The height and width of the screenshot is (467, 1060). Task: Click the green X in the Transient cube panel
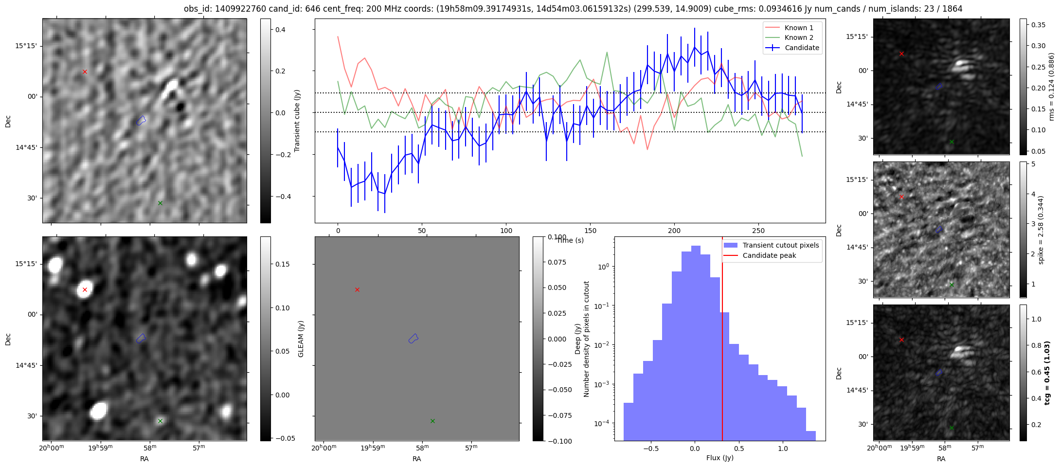pyautogui.click(x=160, y=203)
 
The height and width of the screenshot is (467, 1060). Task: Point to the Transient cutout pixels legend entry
pyautogui.click(x=780, y=245)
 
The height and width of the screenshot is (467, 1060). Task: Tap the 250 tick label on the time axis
pyautogui.click(x=758, y=231)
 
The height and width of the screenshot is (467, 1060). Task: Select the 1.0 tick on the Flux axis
pyautogui.click(x=782, y=449)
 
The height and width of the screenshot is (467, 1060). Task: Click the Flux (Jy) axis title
pyautogui.click(x=719, y=458)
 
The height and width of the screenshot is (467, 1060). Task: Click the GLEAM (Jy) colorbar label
pyautogui.click(x=301, y=339)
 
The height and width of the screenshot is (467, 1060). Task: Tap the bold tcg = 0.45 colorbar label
pyautogui.click(x=1048, y=373)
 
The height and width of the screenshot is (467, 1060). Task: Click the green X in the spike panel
pyautogui.click(x=952, y=285)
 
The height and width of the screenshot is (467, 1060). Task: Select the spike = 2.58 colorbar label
pyautogui.click(x=1041, y=230)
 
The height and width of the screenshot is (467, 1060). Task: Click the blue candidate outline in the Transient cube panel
pyautogui.click(x=141, y=120)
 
